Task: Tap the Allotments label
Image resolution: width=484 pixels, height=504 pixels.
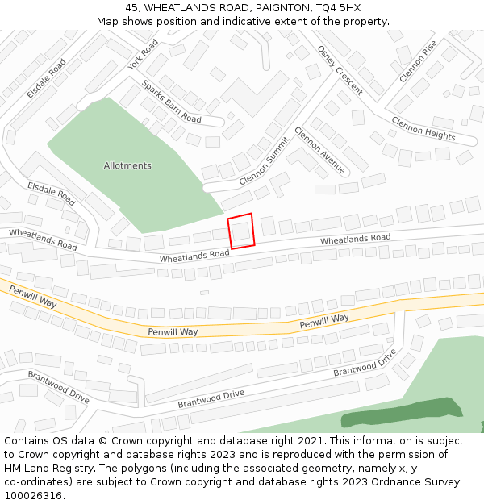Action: click(127, 166)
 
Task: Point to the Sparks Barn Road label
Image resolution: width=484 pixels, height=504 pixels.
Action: click(171, 102)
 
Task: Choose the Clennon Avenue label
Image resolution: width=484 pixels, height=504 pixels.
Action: click(320, 151)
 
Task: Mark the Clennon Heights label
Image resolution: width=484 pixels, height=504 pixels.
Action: click(423, 128)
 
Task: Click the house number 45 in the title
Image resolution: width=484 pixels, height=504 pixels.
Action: click(131, 8)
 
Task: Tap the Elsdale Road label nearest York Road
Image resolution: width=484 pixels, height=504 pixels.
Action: click(47, 79)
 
